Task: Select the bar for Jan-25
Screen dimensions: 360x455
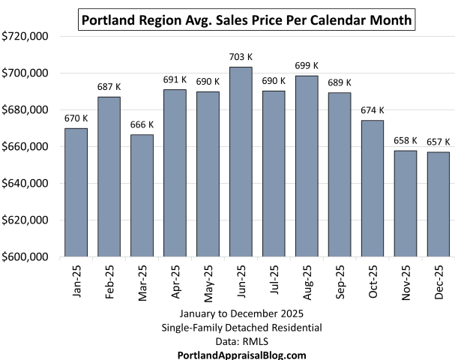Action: tap(76, 192)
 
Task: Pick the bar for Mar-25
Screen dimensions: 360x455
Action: tap(142, 196)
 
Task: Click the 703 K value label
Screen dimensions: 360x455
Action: tap(240, 56)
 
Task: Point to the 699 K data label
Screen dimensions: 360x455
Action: tap(306, 65)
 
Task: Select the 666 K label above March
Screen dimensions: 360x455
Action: tap(142, 124)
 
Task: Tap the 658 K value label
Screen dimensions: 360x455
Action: tap(405, 140)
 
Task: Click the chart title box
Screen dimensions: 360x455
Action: tap(245, 21)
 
